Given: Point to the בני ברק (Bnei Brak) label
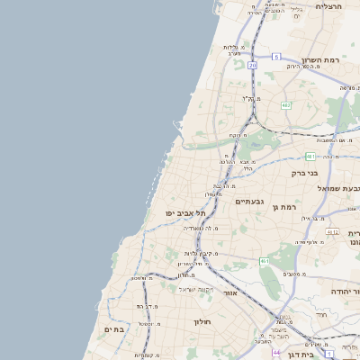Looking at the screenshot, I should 306,173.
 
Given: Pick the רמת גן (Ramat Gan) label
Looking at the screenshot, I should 283,208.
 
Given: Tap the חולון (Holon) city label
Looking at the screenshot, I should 201,321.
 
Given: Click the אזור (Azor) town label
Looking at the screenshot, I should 230,293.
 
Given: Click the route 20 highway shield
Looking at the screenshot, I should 253,65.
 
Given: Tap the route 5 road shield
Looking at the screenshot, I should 276,57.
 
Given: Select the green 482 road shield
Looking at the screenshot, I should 285,105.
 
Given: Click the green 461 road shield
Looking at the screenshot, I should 265,261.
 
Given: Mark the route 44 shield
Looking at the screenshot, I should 277,351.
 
